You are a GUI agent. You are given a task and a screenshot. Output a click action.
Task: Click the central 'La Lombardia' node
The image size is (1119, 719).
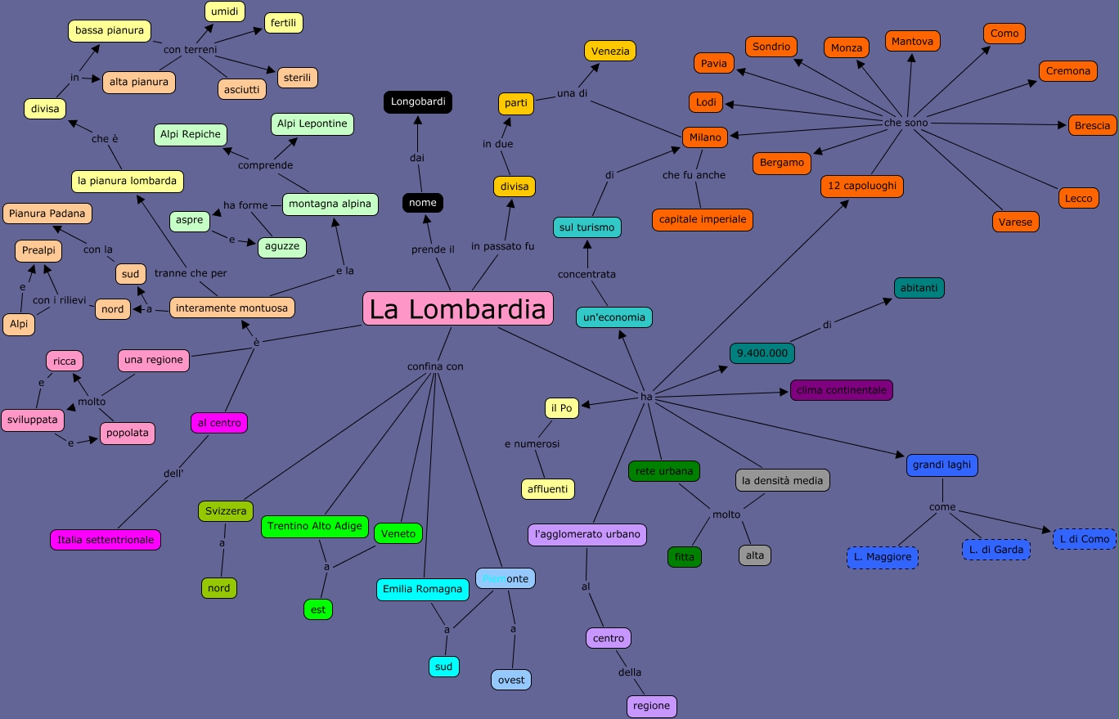[x=457, y=309]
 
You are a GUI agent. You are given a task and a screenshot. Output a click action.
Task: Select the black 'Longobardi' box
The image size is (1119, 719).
[x=417, y=102]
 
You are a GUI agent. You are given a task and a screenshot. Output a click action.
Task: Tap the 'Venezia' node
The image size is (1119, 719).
[x=610, y=51]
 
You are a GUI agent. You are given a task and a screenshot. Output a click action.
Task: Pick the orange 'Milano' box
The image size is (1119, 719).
[x=705, y=137]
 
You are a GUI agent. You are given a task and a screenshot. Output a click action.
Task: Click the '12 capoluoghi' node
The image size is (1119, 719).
[x=863, y=186]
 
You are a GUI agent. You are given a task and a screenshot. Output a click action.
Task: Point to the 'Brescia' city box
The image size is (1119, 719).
[x=1092, y=125]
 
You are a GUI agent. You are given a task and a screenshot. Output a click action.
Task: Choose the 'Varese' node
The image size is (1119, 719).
[x=1016, y=222]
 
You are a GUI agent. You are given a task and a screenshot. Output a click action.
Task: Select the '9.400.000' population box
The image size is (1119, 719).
[x=762, y=353]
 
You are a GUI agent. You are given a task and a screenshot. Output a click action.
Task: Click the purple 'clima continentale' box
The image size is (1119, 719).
[x=841, y=390]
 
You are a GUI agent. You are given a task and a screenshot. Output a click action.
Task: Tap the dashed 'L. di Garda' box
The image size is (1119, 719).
[x=996, y=550]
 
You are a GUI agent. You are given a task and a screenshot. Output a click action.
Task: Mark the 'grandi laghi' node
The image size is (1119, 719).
[x=941, y=465]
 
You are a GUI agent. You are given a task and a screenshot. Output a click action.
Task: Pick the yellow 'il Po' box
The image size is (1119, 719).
[x=561, y=408]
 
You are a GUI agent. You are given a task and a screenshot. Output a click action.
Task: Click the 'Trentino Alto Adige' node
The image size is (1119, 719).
[x=315, y=526]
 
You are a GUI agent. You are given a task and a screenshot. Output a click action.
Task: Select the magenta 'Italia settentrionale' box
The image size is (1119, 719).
[x=106, y=540]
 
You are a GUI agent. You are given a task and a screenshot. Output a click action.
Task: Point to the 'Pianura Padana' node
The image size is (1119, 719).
[x=47, y=213]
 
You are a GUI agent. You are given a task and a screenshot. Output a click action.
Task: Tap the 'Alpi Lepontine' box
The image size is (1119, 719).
[x=312, y=124]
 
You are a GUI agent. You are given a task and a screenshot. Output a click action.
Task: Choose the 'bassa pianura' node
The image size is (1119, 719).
[x=110, y=31]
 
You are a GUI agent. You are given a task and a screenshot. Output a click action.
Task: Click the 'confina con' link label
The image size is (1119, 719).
[x=435, y=366]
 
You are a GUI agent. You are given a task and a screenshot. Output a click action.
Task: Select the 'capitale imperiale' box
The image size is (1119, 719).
[x=702, y=219]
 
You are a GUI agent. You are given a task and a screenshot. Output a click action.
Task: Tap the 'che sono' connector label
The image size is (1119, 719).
[x=906, y=123]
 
